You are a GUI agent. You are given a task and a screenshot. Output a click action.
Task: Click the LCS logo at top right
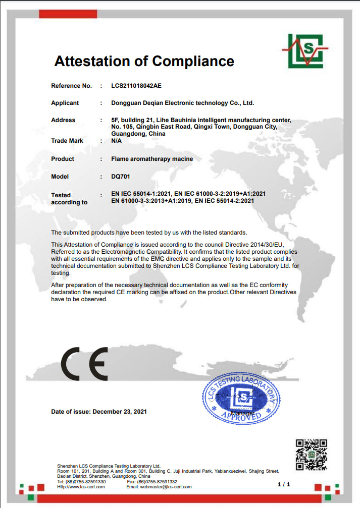305,50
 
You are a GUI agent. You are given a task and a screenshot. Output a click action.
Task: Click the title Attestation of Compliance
144,62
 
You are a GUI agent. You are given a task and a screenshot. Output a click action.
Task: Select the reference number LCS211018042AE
137,86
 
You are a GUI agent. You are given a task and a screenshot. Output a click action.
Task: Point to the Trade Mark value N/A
117,141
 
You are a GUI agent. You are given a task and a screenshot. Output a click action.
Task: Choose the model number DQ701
120,177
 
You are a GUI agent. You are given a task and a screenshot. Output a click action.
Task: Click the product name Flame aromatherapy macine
152,159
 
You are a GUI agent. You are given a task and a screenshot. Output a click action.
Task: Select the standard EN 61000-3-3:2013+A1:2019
151,201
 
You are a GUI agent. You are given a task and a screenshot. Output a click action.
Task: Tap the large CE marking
84,364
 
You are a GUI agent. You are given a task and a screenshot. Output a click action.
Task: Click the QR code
312,455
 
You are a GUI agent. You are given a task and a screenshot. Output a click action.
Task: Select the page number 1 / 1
284,484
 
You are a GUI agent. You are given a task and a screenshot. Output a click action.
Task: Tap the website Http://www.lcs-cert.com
81,487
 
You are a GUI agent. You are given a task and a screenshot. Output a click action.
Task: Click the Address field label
63,120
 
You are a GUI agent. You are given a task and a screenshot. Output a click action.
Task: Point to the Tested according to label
69,199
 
